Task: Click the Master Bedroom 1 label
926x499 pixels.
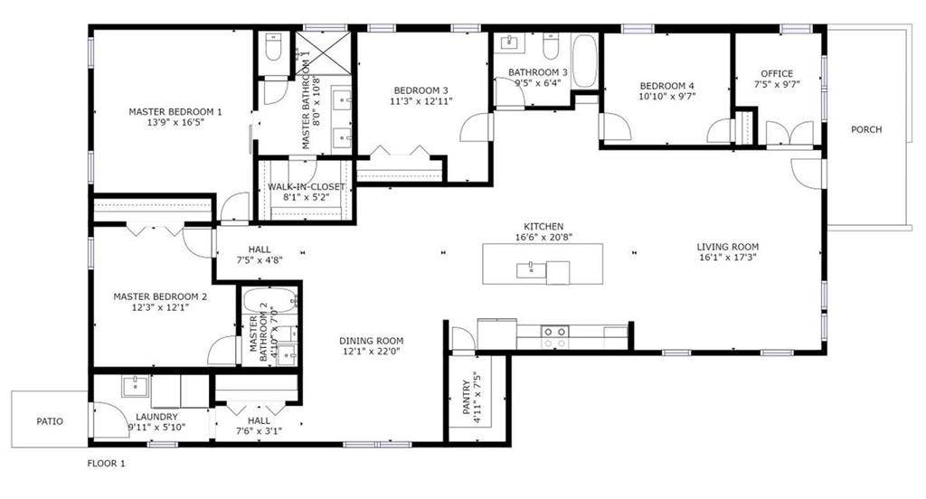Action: pos(175,112)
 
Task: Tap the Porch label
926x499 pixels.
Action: pos(866,129)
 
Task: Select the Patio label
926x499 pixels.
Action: pos(50,420)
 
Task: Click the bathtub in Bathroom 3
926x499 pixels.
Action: pos(584,61)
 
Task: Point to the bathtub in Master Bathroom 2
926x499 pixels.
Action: pos(269,300)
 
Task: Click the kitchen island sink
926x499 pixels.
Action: pos(529,268)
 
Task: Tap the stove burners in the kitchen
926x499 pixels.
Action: pos(554,337)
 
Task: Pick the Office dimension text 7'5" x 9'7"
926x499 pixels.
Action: pos(777,86)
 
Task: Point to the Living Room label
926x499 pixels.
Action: pos(727,247)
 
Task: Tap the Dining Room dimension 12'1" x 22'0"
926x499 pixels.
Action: pos(371,353)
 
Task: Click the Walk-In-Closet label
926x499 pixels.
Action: pos(306,187)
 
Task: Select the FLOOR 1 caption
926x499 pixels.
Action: pos(106,463)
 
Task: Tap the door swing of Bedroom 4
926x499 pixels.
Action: pos(617,127)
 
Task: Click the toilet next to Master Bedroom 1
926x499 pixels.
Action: pos(273,47)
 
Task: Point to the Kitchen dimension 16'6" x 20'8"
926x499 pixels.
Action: pos(543,238)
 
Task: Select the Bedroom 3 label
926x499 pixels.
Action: pos(420,90)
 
